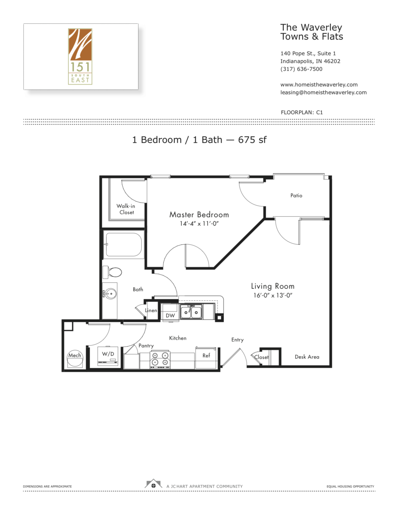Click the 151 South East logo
pyautogui.click(x=80, y=56)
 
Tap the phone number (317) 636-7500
pyautogui.click(x=301, y=69)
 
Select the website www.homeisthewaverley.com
pyautogui.click(x=319, y=85)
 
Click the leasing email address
pyautogui.click(x=323, y=93)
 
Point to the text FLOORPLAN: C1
pyautogui.click(x=301, y=112)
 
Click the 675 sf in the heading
pyautogui.click(x=252, y=140)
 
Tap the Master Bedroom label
pyautogui.click(x=199, y=215)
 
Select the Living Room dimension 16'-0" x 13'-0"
pyautogui.click(x=273, y=295)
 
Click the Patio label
pyautogui.click(x=296, y=196)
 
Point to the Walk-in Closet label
pyautogui.click(x=126, y=209)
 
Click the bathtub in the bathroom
pyautogui.click(x=124, y=245)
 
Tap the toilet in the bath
pyautogui.click(x=113, y=272)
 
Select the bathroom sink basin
pyautogui.click(x=110, y=294)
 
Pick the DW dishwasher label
pyautogui.click(x=170, y=316)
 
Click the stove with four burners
pyautogui.click(x=160, y=360)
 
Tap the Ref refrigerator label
pyautogui.click(x=206, y=355)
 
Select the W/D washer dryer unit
pyautogui.click(x=108, y=356)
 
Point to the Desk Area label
pyautogui.click(x=307, y=357)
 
